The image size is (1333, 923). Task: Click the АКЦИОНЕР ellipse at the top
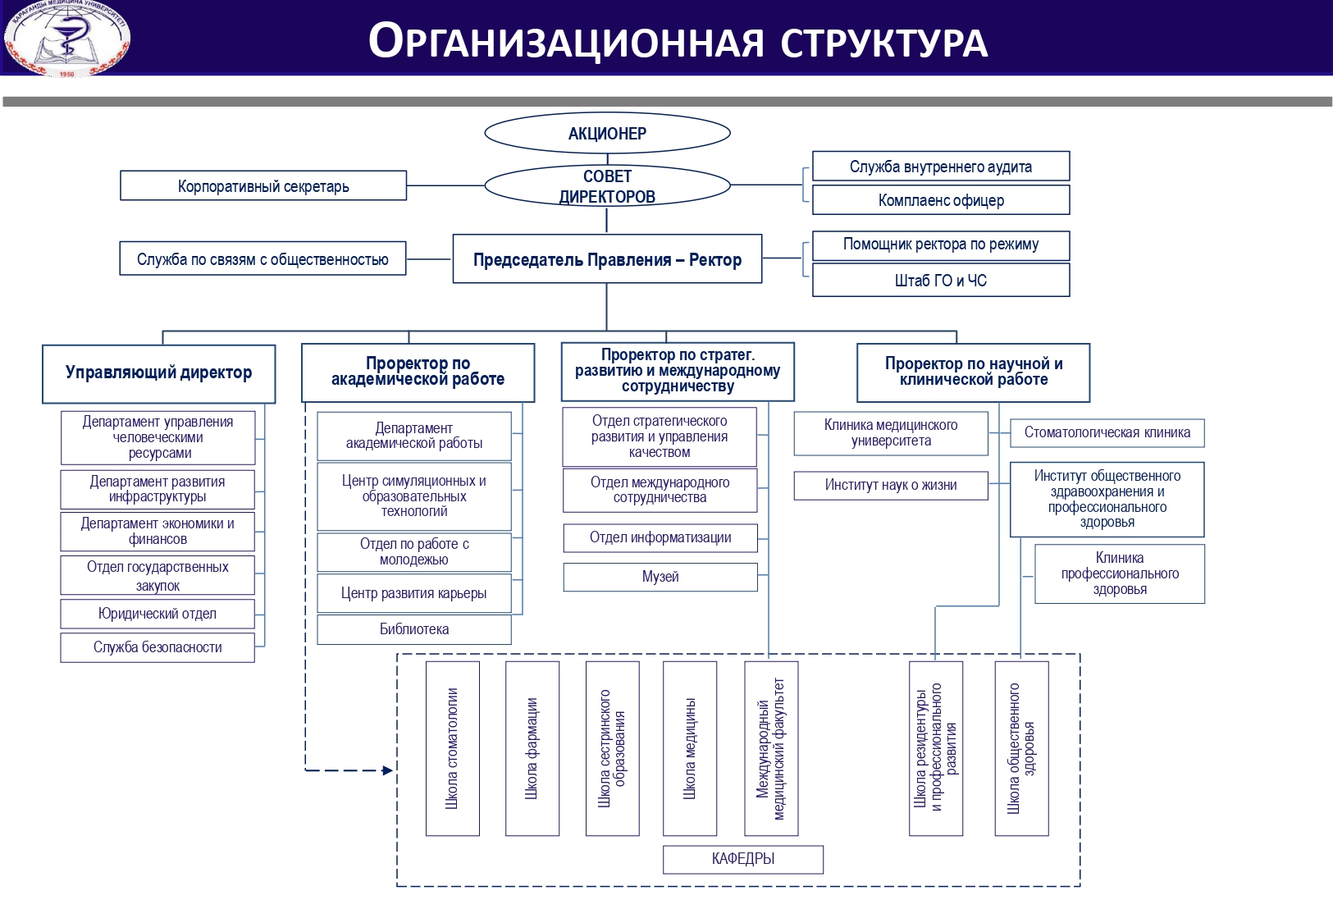coord(607,133)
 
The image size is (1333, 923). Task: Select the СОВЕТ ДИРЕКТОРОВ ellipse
coord(607,186)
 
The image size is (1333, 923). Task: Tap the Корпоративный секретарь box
coord(263,185)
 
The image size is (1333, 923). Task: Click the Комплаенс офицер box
coord(941,199)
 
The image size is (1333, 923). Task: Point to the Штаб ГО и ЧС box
coord(941,280)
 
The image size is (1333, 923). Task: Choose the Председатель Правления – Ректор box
coord(607,259)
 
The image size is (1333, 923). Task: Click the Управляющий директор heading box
coord(158,373)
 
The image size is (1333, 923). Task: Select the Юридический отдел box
coord(157,614)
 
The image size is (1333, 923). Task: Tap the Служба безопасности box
coord(157,647)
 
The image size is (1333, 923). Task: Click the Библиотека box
coord(414,629)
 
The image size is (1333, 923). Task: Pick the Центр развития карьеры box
coord(414,593)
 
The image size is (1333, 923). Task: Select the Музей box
coord(660,577)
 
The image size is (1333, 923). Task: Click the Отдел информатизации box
coord(660,537)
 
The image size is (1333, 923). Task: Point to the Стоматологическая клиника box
coord(1107,432)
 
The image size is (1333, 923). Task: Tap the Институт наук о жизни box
coord(891,485)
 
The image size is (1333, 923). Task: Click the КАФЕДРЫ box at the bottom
coord(743,859)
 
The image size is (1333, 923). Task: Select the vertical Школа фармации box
coord(532,748)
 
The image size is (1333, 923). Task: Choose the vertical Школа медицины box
coord(690,748)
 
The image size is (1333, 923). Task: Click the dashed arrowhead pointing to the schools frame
coord(388,770)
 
